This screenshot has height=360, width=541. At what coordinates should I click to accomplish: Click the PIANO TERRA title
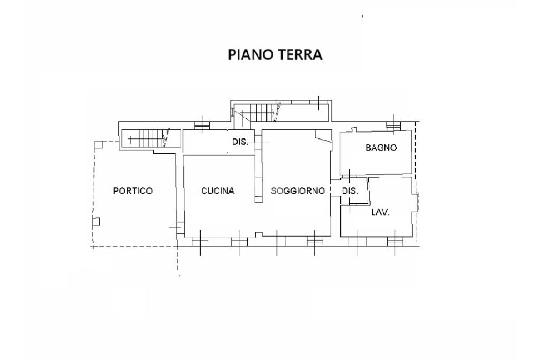coord(275,55)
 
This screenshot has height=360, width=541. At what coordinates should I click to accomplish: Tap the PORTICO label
coord(133,191)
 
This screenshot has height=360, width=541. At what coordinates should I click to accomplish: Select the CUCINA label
coord(218,191)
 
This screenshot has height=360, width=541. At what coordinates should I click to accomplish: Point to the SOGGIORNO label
coord(297,191)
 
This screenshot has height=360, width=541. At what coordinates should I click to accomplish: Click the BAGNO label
coord(381,148)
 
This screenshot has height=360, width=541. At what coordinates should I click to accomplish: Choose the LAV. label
coord(380,212)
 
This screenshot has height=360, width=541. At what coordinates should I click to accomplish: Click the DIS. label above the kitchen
coord(240,141)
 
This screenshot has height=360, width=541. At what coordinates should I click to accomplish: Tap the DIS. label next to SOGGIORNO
coord(350,191)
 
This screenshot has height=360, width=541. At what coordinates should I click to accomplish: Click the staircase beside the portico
coord(151,139)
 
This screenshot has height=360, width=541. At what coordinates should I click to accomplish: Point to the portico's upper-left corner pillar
coord(99,145)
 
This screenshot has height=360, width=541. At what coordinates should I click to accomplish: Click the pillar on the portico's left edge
coord(96,221)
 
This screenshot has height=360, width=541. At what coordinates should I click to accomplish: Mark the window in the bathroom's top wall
coord(393,126)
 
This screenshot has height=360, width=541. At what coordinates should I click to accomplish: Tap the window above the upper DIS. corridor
coord(202,126)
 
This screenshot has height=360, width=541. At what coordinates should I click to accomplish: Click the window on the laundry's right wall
coord(417,203)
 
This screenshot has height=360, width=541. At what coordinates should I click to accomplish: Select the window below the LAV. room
coord(395,241)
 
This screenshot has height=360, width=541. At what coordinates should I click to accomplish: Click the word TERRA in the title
coord(300,55)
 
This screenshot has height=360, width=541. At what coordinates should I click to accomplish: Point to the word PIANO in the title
coord(251,55)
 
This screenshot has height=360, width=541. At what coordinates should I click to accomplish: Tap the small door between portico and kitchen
coord(179,228)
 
